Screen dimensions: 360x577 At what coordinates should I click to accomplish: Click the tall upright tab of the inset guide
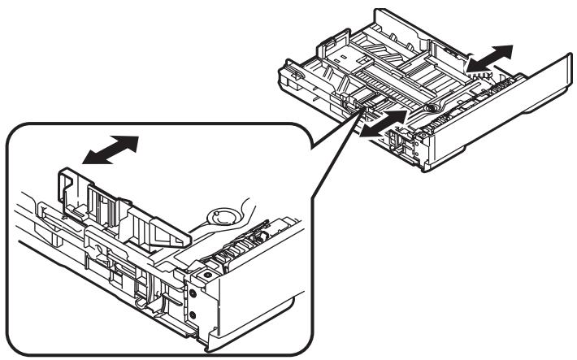point(72,182)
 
